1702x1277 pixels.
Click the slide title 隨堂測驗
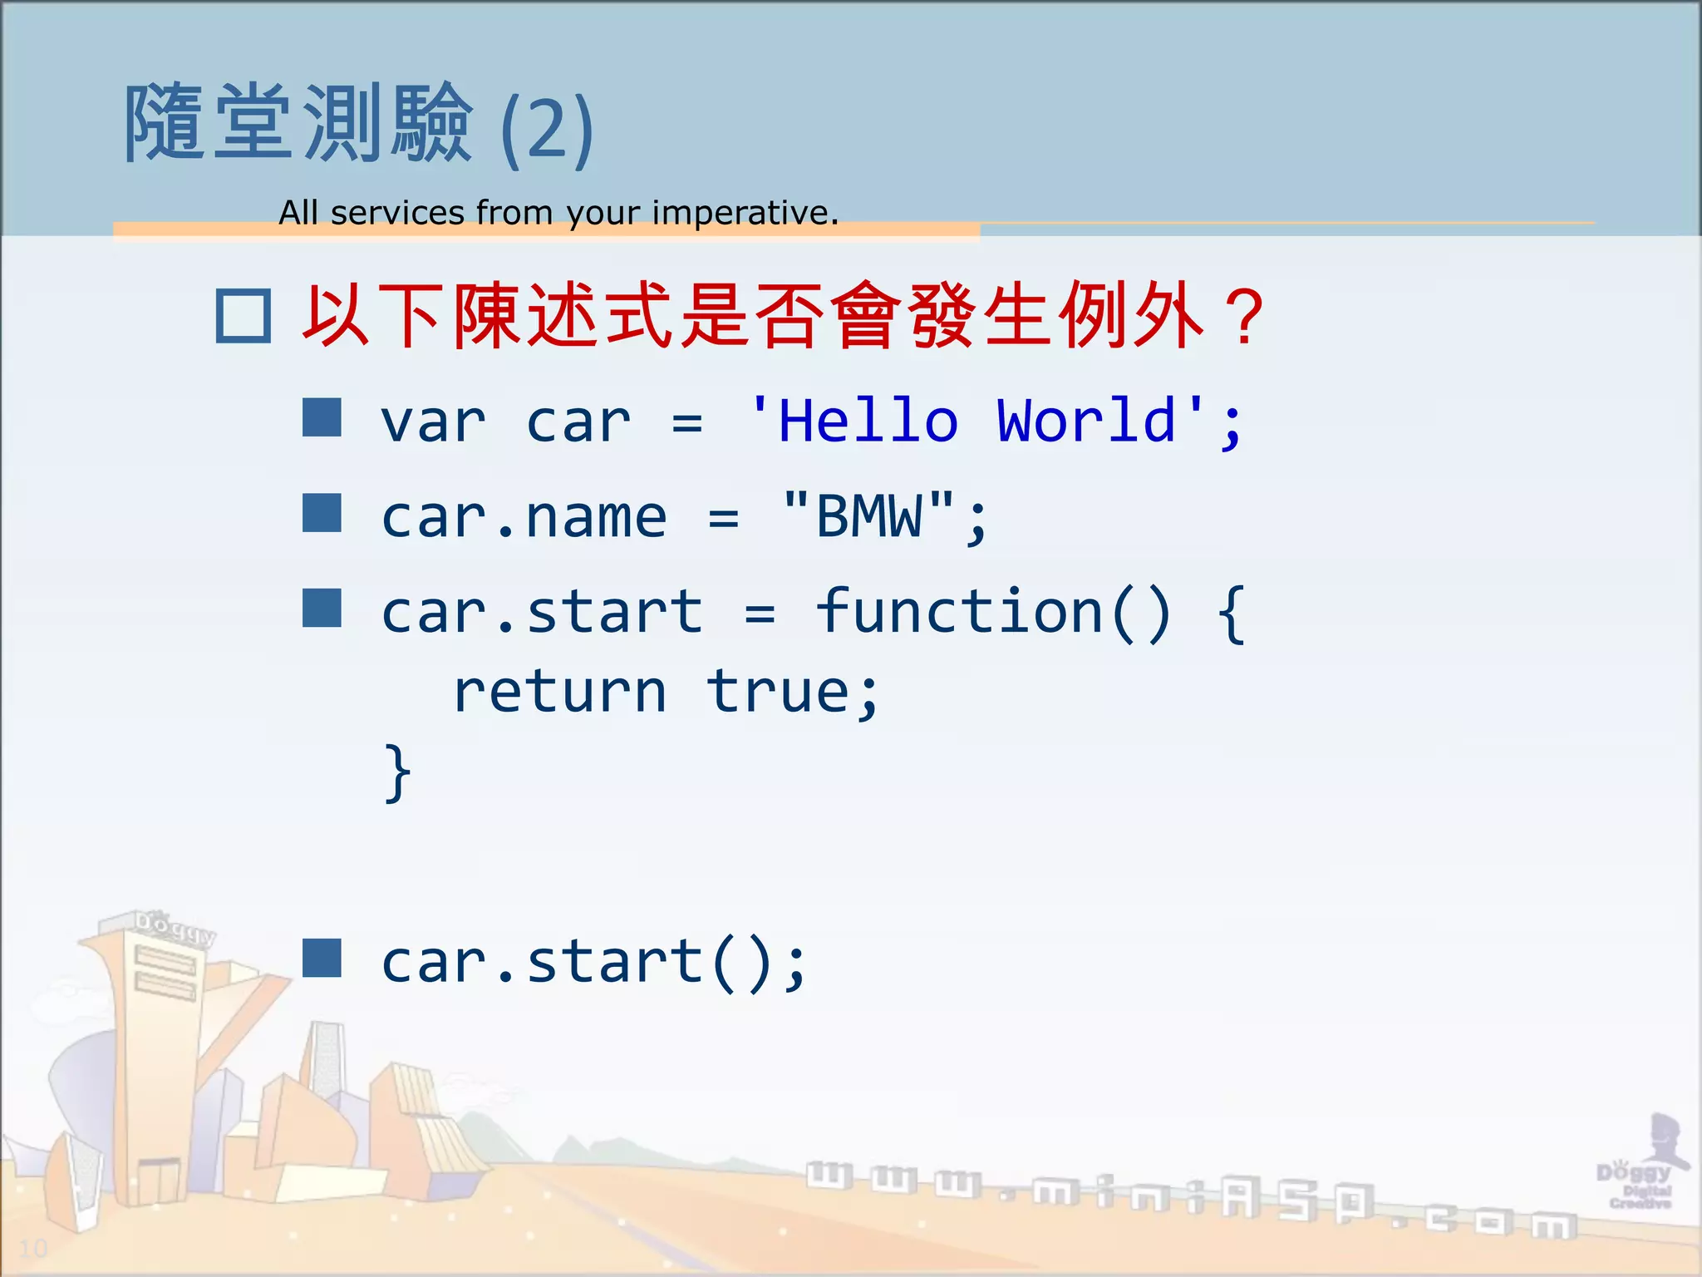pos(299,123)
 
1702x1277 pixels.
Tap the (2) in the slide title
pos(547,129)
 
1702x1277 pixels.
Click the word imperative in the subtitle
pos(744,213)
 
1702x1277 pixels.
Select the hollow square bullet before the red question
pos(243,316)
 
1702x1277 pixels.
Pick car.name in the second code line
pos(524,518)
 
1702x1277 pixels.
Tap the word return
pos(560,693)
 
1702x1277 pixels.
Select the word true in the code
pos(778,693)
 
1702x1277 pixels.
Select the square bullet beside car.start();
pos(322,958)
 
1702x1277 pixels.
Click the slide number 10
pos(33,1248)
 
